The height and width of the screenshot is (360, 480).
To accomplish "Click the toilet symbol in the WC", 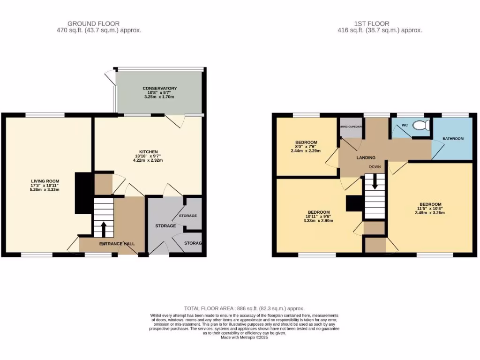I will (x=424, y=126).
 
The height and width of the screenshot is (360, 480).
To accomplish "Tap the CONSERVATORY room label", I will (x=160, y=88).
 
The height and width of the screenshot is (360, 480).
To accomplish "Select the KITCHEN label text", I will (x=147, y=151).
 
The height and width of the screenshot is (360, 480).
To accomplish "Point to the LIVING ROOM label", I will (x=45, y=181).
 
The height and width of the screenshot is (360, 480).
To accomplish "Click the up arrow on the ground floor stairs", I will (x=104, y=229).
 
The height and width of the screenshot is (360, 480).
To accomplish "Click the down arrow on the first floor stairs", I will (x=375, y=183).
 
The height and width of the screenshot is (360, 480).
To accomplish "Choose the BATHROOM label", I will (x=453, y=139).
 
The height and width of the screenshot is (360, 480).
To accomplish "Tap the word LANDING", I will (x=366, y=158).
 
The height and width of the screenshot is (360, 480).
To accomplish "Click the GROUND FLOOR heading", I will (x=93, y=23).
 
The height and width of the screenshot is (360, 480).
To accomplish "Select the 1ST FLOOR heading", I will (x=372, y=23).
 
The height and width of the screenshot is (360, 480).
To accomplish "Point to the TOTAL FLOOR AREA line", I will (x=244, y=308).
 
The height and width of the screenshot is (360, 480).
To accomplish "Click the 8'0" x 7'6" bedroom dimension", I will (x=306, y=147).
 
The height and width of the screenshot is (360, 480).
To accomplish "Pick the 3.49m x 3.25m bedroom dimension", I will (x=430, y=213).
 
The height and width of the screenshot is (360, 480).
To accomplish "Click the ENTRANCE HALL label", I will (x=117, y=244).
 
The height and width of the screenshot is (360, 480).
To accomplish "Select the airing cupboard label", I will (x=350, y=127).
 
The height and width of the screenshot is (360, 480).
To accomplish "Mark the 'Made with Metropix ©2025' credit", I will (x=244, y=337).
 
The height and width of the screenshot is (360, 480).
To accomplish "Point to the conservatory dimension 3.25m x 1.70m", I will (x=160, y=97).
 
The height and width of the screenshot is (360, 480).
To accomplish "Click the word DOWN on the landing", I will (x=375, y=166).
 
